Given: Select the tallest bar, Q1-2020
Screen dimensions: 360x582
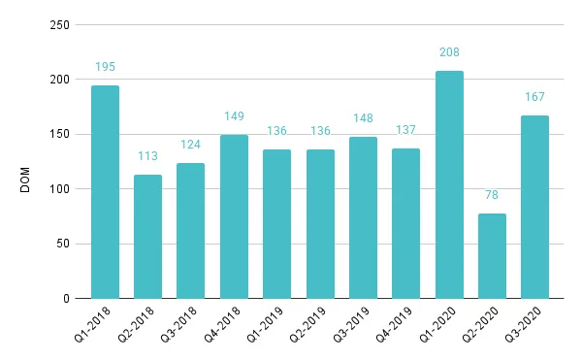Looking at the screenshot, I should click(449, 184).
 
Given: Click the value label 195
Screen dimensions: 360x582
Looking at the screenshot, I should click(105, 67).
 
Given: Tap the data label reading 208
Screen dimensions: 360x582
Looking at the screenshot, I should click(449, 52).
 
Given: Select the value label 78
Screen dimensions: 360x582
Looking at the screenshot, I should click(492, 195).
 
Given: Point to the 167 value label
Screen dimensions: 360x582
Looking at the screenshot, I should click(534, 97).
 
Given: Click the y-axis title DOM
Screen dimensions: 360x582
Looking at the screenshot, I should click(26, 178).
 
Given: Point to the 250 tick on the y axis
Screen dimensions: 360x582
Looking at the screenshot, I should click(57, 25).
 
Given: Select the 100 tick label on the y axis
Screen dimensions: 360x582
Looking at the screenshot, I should click(57, 189).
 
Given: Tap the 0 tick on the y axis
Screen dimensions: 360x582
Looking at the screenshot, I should click(65, 299).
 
